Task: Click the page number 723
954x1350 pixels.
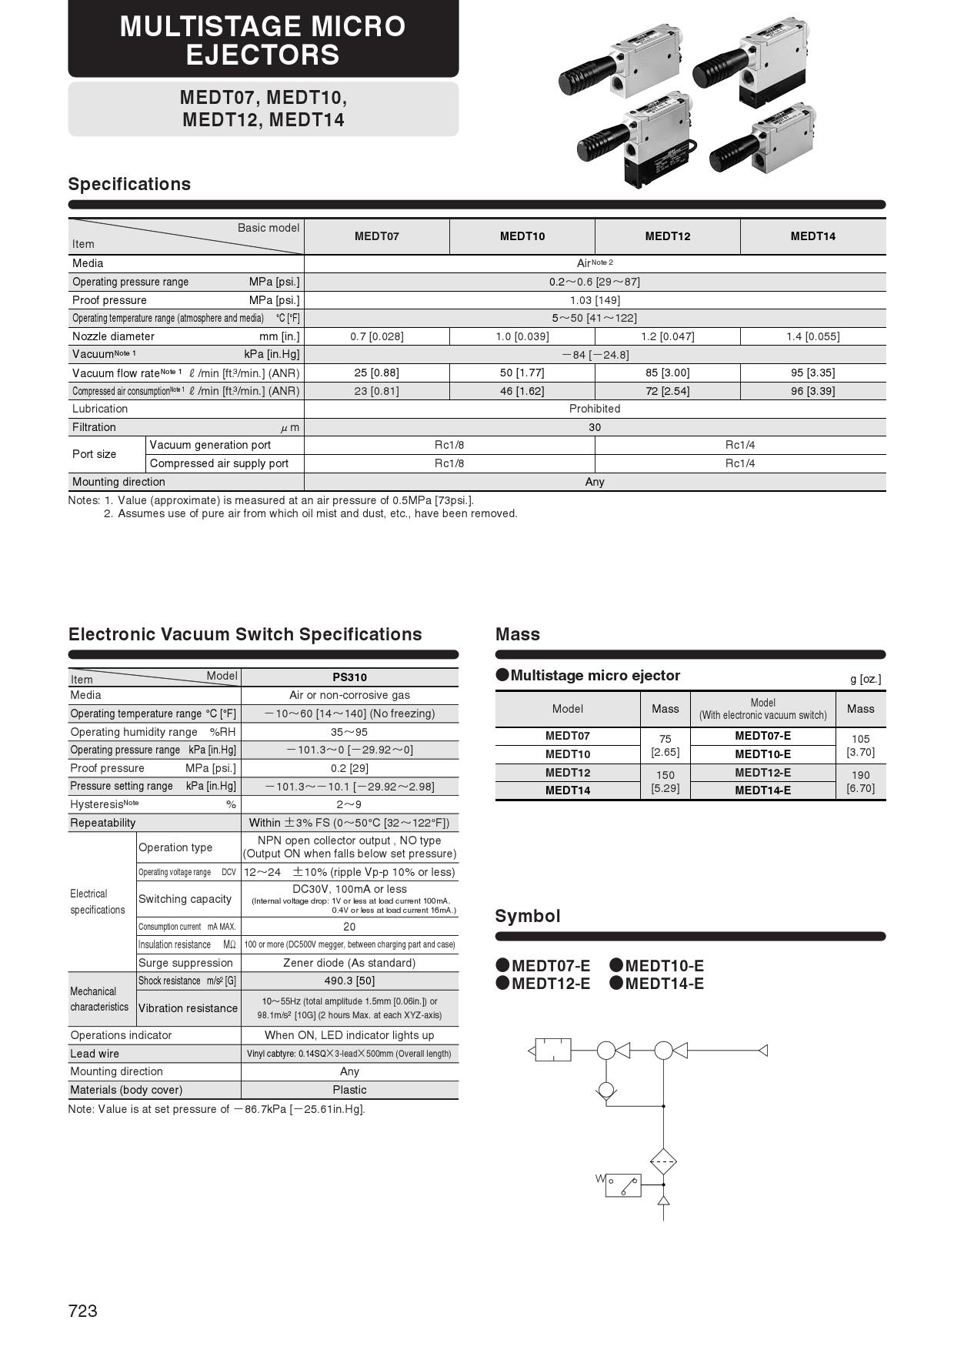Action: (82, 1311)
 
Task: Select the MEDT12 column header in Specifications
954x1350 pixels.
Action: (667, 236)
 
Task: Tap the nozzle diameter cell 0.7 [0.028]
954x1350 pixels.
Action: (376, 336)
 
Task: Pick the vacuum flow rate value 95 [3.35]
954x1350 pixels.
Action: (812, 373)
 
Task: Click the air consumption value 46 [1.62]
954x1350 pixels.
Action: (522, 391)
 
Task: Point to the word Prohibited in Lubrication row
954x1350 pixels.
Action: (594, 409)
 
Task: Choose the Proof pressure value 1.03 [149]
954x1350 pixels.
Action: (594, 300)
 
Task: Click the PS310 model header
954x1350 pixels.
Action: (349, 677)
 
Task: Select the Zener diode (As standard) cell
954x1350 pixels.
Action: (349, 963)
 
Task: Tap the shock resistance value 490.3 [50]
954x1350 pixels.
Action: (349, 981)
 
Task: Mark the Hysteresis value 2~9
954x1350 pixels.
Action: (349, 804)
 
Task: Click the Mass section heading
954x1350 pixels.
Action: (518, 634)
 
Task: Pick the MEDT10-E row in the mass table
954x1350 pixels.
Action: (762, 754)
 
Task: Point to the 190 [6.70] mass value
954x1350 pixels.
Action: (860, 782)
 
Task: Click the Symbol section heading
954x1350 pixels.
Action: (528, 916)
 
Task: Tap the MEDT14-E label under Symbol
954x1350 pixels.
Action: (663, 984)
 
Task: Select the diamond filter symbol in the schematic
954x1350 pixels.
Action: (663, 1161)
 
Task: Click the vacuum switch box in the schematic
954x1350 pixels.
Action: (623, 1185)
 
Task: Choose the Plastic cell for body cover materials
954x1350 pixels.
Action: (349, 1090)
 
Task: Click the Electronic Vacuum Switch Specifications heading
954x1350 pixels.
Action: (245, 634)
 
